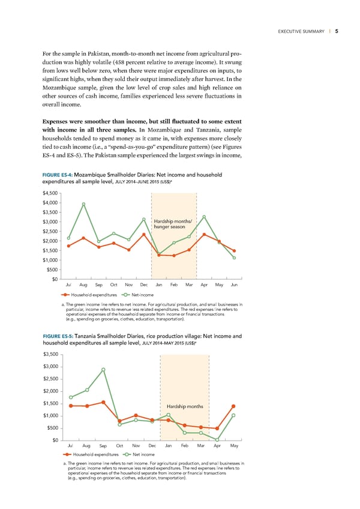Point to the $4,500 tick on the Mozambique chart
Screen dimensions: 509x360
tap(50, 193)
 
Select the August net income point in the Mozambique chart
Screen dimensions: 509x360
tap(84, 204)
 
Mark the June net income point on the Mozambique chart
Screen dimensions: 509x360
tap(234, 258)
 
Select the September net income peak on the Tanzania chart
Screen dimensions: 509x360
tap(103, 370)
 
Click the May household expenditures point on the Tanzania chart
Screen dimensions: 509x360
tap(233, 406)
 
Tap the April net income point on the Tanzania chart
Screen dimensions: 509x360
tap(217, 440)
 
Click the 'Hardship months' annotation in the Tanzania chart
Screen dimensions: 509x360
tap(185, 406)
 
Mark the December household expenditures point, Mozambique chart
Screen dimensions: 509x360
tap(144, 234)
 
